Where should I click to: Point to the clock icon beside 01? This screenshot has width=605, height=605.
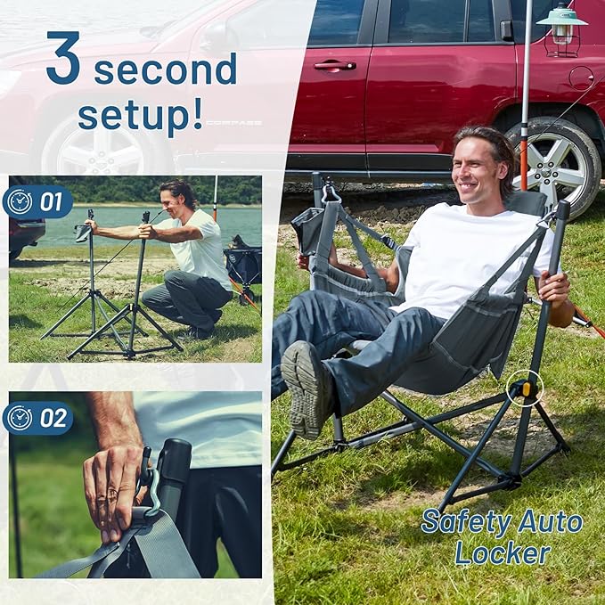click(20, 201)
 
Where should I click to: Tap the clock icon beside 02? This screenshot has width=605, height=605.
click(20, 417)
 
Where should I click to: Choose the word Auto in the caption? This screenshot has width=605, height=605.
click(550, 521)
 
